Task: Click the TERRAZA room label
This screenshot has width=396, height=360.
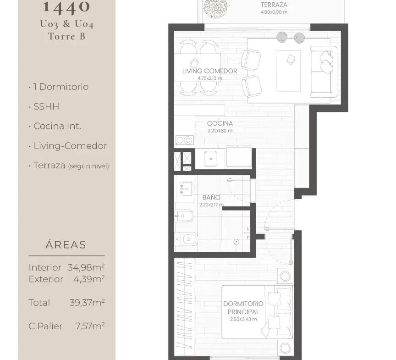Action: (x=274, y=5)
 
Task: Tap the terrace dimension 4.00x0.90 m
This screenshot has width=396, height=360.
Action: (x=274, y=12)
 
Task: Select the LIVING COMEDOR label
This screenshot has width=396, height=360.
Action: (x=209, y=71)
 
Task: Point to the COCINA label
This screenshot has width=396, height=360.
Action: (x=220, y=123)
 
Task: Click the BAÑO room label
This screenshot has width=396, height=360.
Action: (x=211, y=197)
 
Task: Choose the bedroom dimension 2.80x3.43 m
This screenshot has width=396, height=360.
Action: (x=243, y=319)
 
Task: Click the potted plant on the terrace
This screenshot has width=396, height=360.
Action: (x=216, y=8)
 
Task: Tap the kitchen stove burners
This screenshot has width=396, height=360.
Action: (x=184, y=140)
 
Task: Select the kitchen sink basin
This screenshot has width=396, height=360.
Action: (x=210, y=159)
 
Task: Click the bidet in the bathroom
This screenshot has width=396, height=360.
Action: (x=184, y=216)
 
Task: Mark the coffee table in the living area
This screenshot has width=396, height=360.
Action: (x=288, y=71)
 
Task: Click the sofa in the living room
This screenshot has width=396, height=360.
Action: (x=324, y=72)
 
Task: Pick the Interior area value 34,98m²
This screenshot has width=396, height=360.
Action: (x=86, y=267)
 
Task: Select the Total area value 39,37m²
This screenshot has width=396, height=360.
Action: (x=87, y=302)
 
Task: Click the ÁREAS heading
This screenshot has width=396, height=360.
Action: (x=66, y=244)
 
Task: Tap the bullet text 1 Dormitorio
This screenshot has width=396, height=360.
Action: (x=60, y=87)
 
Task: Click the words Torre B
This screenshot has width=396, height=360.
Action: (x=66, y=36)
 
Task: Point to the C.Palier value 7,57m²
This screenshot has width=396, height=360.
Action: (x=90, y=326)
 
